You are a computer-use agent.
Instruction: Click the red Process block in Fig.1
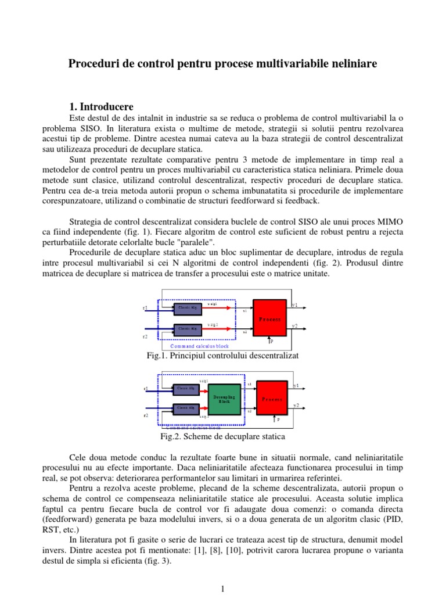270,318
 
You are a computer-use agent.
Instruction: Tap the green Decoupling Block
224,399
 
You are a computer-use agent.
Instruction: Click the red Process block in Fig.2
271,399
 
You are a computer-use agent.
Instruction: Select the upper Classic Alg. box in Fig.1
188,307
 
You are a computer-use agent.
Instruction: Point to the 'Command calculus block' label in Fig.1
199,346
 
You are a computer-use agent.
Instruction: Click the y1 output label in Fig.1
295,305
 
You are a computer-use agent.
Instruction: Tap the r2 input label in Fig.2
146,416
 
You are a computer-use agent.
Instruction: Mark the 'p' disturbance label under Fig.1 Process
272,341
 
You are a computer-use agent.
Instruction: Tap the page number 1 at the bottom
223,589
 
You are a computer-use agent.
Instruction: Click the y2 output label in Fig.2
296,406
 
